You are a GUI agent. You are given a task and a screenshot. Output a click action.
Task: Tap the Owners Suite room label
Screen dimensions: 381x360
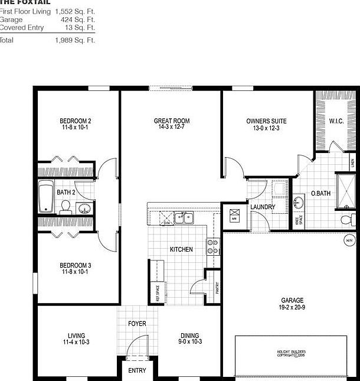[x=266, y=121]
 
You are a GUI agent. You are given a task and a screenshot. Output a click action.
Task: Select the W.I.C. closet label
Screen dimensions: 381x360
[x=336, y=121]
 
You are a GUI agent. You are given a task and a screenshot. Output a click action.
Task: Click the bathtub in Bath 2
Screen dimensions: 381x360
[x=46, y=198]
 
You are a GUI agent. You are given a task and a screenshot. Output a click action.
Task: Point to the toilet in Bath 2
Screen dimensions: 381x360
[x=66, y=207]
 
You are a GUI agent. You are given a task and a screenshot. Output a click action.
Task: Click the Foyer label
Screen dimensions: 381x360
[x=137, y=324]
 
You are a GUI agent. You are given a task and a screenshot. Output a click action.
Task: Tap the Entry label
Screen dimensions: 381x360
[x=137, y=370]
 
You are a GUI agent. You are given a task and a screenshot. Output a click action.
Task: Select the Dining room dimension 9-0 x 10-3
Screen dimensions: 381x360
[x=189, y=342]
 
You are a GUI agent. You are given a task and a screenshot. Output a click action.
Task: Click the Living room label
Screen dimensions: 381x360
[x=76, y=336]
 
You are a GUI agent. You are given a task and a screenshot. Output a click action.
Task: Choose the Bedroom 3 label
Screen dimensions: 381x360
[x=76, y=265]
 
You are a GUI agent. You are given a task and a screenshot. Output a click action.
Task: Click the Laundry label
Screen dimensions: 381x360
[x=263, y=207]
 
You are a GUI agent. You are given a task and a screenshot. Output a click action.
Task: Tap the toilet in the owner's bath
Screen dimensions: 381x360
[x=348, y=220]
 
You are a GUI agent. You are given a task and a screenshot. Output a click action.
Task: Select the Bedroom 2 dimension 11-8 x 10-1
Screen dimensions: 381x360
[x=76, y=127]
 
